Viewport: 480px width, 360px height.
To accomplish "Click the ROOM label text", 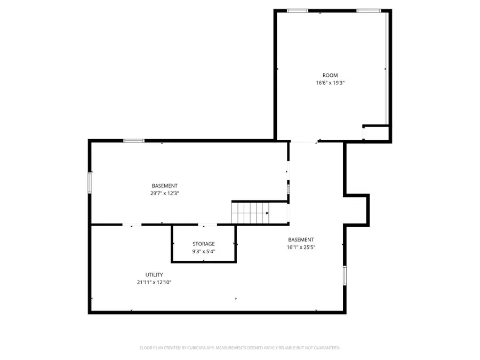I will click(330, 75).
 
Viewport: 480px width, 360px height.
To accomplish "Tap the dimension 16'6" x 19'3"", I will click(330, 83).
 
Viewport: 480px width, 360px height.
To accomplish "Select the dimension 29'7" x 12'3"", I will click(165, 194).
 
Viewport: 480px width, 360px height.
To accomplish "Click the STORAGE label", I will click(204, 244).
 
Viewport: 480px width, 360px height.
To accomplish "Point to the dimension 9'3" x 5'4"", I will click(204, 252).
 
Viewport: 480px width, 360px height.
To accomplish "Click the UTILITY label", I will click(154, 275).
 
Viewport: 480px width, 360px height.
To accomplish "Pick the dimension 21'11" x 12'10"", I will click(154, 283).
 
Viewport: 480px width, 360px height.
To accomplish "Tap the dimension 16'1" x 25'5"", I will click(301, 247).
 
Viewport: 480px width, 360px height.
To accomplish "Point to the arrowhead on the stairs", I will click(267, 213).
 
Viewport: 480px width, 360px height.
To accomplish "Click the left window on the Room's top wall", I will click(297, 11).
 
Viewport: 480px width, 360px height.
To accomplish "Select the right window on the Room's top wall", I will click(369, 11).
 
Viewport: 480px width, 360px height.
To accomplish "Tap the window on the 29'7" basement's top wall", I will click(134, 141).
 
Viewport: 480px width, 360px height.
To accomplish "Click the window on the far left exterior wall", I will click(90, 182).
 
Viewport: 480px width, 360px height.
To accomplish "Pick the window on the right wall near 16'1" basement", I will click(345, 274).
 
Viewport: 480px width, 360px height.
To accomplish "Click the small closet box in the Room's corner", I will click(376, 133).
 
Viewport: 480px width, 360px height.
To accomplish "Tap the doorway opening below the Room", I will click(303, 142).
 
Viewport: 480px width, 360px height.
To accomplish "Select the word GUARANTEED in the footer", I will click(324, 348).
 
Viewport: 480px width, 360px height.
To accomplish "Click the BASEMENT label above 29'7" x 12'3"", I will click(165, 186).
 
